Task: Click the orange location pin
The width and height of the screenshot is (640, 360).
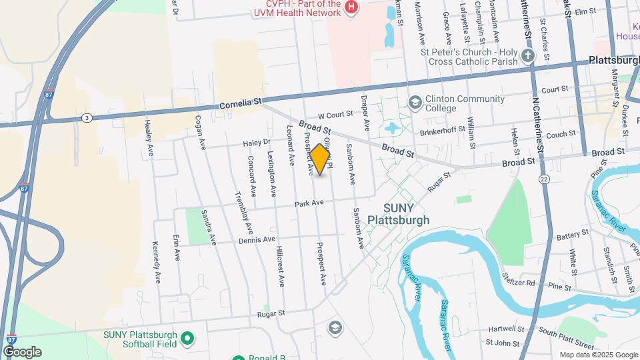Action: pos(321,159)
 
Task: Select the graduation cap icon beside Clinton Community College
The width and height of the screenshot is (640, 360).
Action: pos(415,103)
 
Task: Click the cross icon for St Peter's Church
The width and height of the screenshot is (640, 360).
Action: pos(529,56)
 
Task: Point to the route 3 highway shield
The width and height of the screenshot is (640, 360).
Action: pos(87,117)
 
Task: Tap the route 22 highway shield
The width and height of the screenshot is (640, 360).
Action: pos(545,179)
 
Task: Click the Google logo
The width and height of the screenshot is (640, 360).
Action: pos(23,351)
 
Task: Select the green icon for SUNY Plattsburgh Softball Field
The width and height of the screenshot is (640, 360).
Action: pos(188,339)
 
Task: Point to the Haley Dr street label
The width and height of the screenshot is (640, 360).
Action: pos(257,142)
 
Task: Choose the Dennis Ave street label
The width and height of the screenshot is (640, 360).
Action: pos(257,239)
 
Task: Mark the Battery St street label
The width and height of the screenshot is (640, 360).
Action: pos(573,235)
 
